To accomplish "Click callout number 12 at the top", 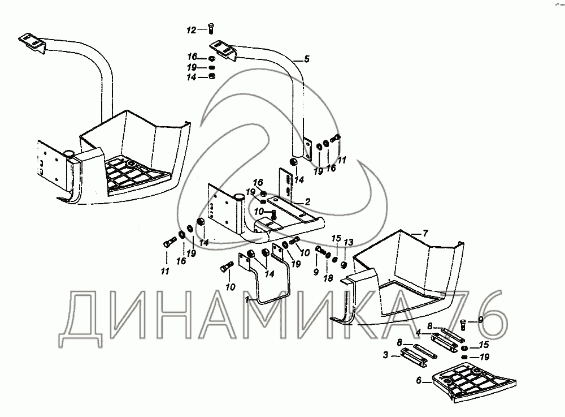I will pos(192,29).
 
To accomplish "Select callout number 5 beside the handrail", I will pos(307,58).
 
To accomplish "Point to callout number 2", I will pos(307,201).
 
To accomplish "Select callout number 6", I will pos(419,381).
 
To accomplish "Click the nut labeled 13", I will pos(343,265).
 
